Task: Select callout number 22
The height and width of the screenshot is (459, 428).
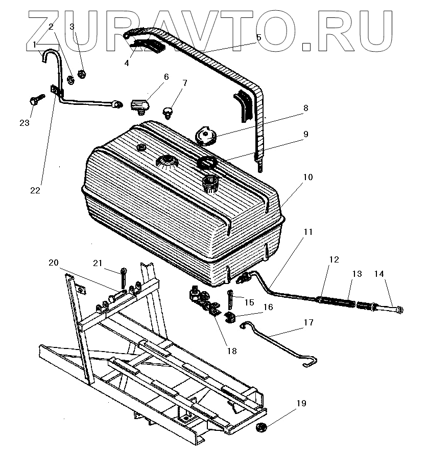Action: click(x=35, y=190)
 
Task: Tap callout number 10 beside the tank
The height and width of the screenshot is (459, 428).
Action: click(x=307, y=177)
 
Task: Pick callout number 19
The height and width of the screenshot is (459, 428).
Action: click(x=301, y=404)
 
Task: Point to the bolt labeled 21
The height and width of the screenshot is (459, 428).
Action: click(x=124, y=278)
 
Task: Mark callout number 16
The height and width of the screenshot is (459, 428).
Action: click(x=268, y=307)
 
